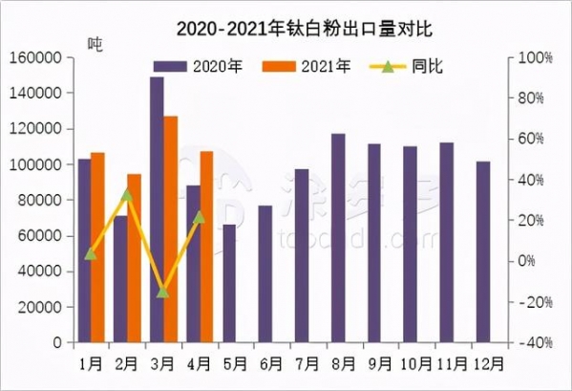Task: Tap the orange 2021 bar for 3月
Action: pyautogui.click(x=170, y=229)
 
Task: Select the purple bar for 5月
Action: pyautogui.click(x=229, y=283)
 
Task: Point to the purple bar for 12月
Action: pyautogui.click(x=483, y=251)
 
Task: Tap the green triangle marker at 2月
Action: pyautogui.click(x=127, y=195)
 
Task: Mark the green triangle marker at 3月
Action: pyautogui.click(x=163, y=292)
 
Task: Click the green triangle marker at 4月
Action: pyautogui.click(x=199, y=217)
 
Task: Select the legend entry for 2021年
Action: pyautogui.click(x=307, y=67)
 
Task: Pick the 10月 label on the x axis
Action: pyautogui.click(x=414, y=363)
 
